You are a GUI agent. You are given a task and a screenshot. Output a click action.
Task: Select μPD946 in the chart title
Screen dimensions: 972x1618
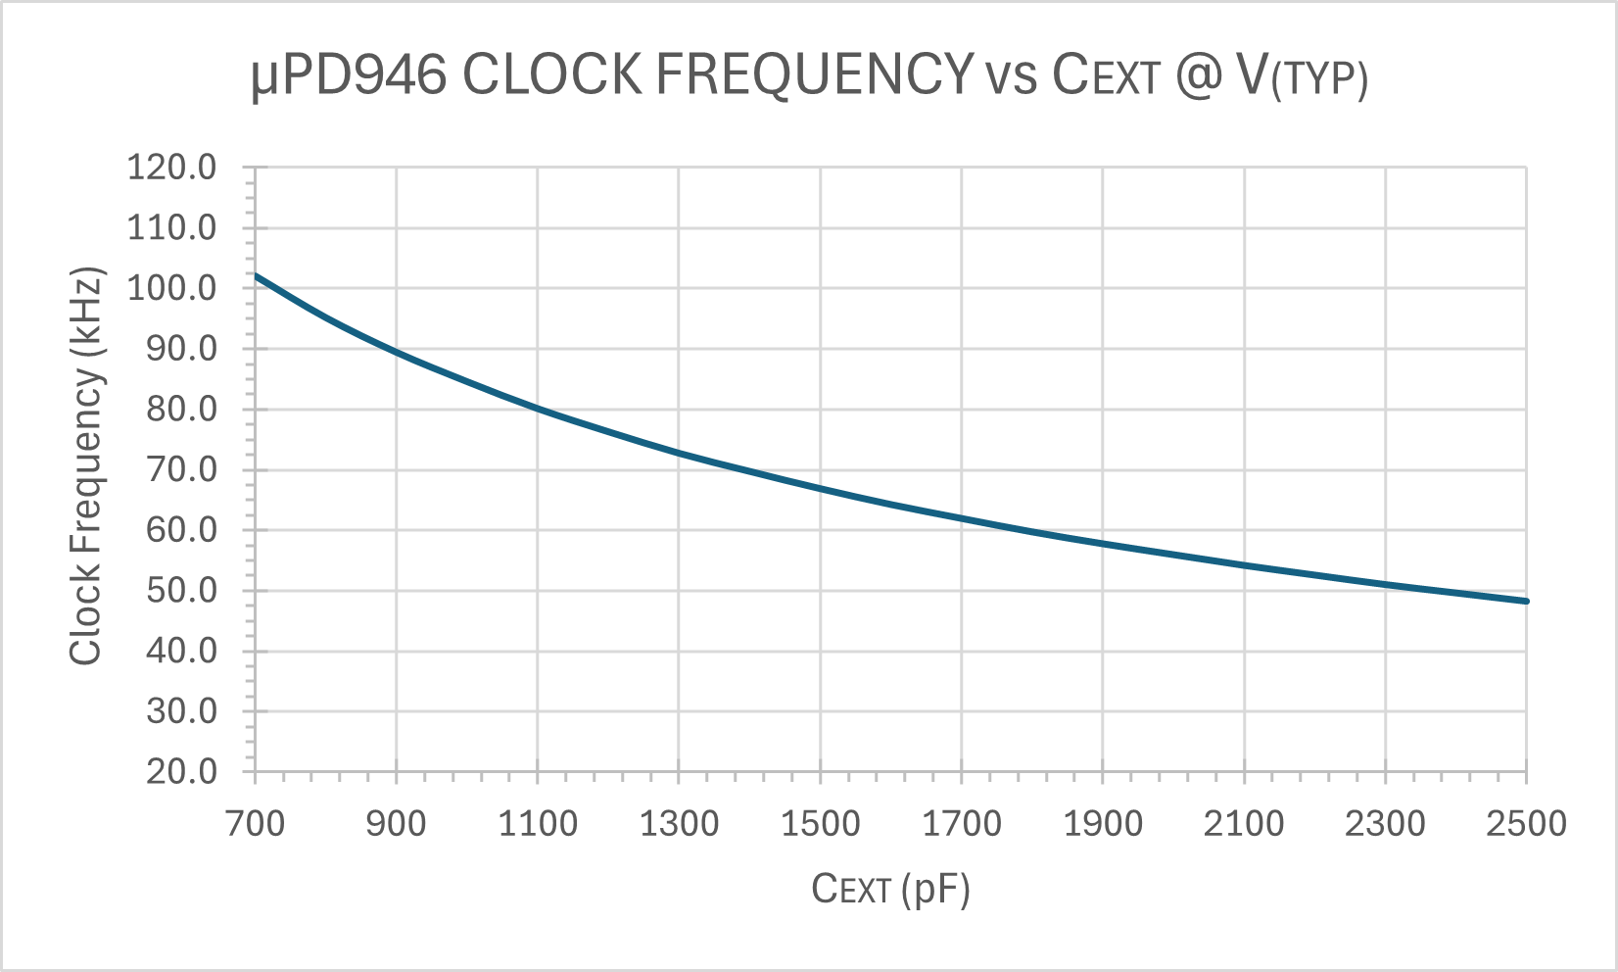click(349, 75)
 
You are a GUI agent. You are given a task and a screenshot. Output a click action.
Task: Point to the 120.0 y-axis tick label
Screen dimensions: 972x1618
click(171, 168)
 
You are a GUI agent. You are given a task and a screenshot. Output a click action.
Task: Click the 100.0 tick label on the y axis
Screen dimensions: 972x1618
click(171, 288)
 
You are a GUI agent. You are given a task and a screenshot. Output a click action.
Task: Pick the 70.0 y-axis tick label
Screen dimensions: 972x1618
click(181, 469)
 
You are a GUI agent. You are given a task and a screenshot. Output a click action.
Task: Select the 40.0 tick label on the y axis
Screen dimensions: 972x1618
click(181, 651)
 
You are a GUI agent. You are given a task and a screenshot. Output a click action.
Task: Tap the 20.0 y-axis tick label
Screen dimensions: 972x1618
click(181, 771)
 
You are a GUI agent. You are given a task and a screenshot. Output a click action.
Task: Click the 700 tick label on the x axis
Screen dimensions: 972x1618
click(256, 823)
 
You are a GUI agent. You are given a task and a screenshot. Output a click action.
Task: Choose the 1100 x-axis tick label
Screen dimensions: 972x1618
click(538, 823)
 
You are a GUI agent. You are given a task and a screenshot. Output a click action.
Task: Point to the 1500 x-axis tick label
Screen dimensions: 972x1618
click(820, 823)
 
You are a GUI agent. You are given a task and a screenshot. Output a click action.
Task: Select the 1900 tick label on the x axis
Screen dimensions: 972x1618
click(1103, 823)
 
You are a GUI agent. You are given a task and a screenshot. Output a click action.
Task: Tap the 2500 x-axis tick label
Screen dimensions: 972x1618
click(1526, 823)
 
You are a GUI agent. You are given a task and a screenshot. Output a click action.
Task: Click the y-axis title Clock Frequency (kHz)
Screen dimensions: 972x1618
click(86, 466)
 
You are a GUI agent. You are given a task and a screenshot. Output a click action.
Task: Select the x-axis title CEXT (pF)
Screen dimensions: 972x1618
click(890, 889)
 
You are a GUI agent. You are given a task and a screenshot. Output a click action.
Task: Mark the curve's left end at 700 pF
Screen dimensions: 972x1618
click(257, 275)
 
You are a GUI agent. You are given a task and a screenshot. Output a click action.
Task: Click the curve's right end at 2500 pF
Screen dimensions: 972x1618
click(1526, 601)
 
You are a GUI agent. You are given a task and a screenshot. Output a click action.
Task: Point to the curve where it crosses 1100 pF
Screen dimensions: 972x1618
click(538, 408)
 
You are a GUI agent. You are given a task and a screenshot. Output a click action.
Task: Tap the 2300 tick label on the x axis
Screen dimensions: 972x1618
click(1385, 823)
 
